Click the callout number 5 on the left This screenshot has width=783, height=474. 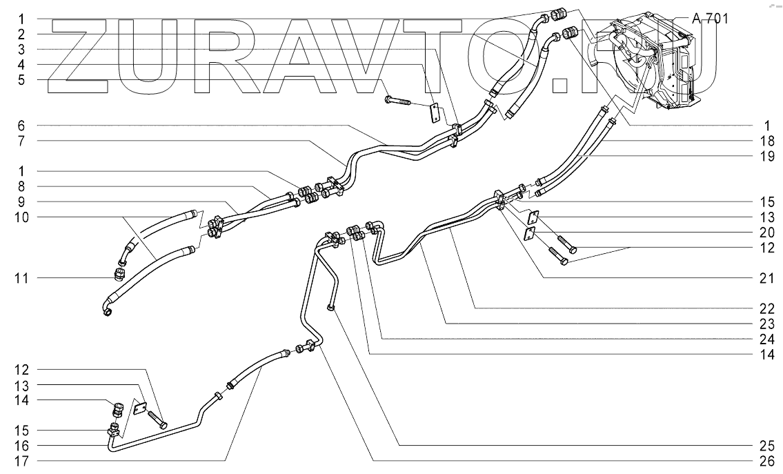coord(21,80)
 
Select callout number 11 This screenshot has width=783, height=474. coord(21,278)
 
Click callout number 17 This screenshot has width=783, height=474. coord(21,460)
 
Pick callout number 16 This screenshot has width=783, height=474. coord(21,444)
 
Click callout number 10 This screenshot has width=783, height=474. coord(21,217)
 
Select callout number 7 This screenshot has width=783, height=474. coord(21,141)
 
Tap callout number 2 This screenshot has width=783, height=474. coord(21,33)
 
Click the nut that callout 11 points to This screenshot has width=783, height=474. coord(118,276)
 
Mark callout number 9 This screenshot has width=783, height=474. coord(21,201)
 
